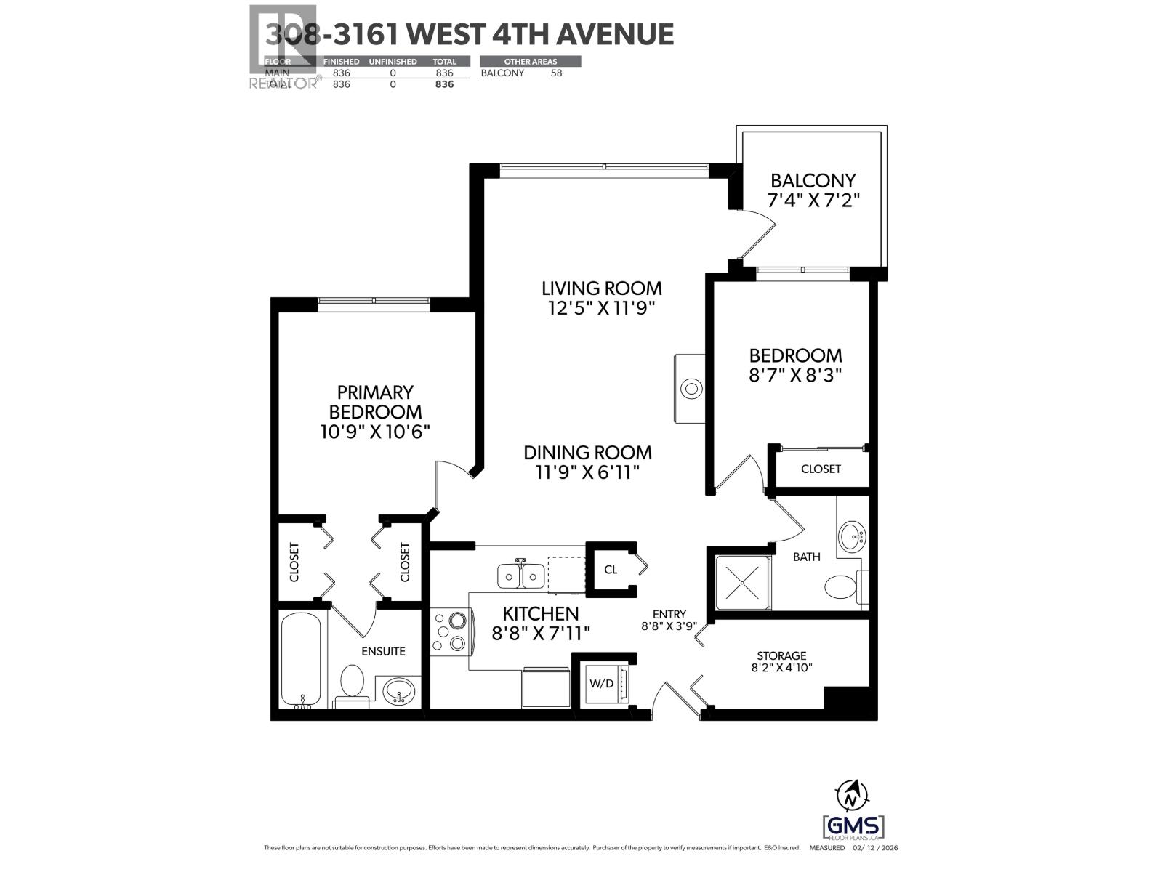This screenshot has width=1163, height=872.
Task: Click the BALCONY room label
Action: [x=813, y=180]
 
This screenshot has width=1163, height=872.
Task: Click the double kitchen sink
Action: [x=521, y=576]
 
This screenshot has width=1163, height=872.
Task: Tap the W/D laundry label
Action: [x=601, y=684]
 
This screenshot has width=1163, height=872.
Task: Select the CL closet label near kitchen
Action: [x=610, y=570]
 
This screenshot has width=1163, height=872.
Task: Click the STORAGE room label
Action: [x=781, y=655]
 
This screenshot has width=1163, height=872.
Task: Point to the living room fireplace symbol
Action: [x=691, y=389]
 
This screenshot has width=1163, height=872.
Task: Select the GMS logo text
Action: [x=853, y=827]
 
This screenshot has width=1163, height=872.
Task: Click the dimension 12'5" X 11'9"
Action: [x=602, y=308]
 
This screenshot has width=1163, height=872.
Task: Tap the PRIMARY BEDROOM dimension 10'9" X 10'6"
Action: [x=375, y=432]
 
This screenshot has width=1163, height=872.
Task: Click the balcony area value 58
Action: [x=556, y=73]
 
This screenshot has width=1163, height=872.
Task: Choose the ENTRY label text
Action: [x=669, y=614]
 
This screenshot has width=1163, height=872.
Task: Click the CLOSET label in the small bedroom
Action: [x=821, y=469]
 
